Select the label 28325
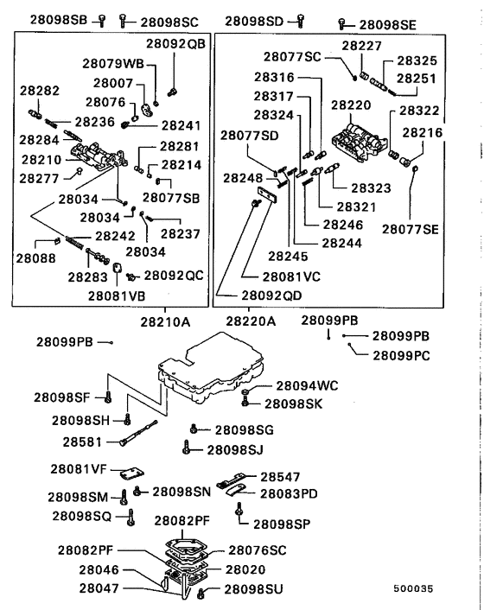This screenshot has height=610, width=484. click(417, 61)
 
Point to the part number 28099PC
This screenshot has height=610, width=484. click(401, 354)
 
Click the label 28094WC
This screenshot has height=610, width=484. click(305, 385)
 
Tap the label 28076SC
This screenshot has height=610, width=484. click(257, 550)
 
